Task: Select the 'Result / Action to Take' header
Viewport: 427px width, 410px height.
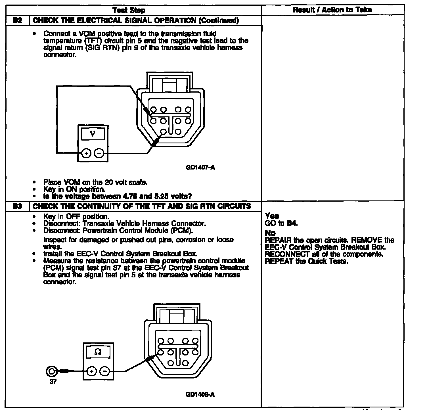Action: [x=332, y=10]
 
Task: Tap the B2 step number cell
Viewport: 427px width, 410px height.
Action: [x=18, y=20]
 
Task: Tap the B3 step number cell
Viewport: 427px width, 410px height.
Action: [x=18, y=206]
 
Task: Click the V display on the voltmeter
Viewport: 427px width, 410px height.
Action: [x=93, y=133]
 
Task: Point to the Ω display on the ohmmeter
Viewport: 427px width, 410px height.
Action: [x=98, y=352]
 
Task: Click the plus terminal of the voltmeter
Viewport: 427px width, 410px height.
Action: [x=86, y=154]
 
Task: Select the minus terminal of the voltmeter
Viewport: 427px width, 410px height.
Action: [x=99, y=154]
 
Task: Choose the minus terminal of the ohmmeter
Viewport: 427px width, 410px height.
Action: [x=105, y=371]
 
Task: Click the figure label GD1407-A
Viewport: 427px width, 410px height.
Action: [x=200, y=168]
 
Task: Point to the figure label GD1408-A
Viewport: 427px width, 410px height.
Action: [x=200, y=394]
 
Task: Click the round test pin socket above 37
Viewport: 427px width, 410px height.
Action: [x=52, y=371]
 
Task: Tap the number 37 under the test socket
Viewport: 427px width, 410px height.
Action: [x=53, y=382]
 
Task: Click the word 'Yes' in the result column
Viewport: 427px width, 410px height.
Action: [x=272, y=216]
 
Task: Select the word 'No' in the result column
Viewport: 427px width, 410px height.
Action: [x=270, y=233]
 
